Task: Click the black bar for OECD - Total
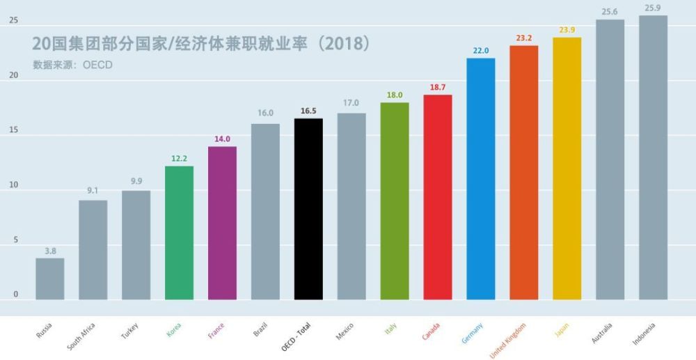(x=308, y=209)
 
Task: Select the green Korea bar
(x=179, y=233)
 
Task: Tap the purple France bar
(x=222, y=223)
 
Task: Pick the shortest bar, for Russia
(x=50, y=279)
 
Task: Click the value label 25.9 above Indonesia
(x=653, y=8)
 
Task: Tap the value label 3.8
(x=50, y=250)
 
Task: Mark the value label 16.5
(x=308, y=111)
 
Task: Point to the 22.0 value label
(x=480, y=51)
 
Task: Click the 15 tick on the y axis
(x=14, y=131)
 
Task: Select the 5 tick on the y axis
(x=15, y=240)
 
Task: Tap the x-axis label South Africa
(x=82, y=335)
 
